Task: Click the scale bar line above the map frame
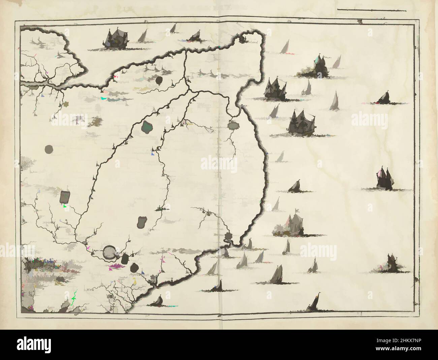click(371, 10)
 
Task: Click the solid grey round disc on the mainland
click(49, 149)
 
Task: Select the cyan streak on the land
click(107, 98)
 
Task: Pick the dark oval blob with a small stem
click(159, 80)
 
